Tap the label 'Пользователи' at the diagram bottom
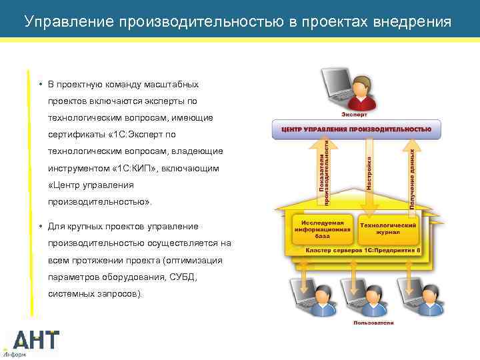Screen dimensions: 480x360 [x=373, y=323]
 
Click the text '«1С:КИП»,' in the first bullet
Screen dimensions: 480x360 [x=133, y=168]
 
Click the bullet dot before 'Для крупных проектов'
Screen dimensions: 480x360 [x=41, y=226]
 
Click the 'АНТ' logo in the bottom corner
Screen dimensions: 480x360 [x=37, y=341]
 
